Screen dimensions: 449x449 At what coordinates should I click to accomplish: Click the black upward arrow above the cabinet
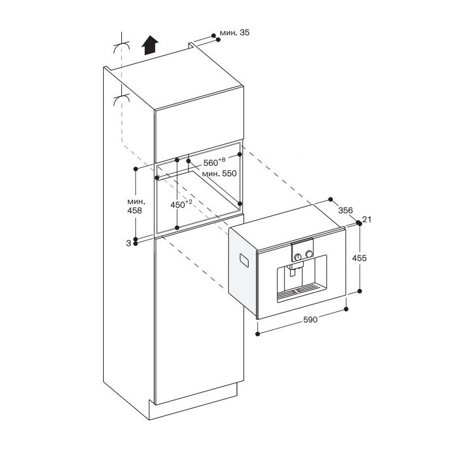coord(150,45)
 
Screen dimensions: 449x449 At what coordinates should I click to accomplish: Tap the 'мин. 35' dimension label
coord(235,33)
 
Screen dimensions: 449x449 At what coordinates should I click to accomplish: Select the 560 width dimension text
coord(214,162)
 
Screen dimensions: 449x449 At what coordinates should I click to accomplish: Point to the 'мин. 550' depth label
coord(219,173)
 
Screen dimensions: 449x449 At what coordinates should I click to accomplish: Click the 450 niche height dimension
coord(181,204)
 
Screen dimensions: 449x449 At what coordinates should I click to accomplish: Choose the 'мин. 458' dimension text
coord(135,206)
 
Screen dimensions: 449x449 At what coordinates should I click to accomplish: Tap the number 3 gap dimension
coord(129,244)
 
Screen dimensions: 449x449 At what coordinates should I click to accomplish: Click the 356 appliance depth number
coord(346,210)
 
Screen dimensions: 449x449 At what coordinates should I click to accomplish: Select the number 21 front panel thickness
coord(366,219)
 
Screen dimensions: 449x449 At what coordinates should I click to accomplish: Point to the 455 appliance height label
coord(359,258)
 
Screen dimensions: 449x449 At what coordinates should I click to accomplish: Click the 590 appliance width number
coord(310,319)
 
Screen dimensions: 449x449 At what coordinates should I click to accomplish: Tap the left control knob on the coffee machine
coord(298,257)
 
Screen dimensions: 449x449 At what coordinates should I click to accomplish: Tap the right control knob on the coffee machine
coord(309,254)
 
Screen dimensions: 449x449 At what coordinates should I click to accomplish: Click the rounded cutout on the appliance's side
coord(244,260)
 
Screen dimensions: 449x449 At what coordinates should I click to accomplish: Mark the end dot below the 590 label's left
coord(258,334)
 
